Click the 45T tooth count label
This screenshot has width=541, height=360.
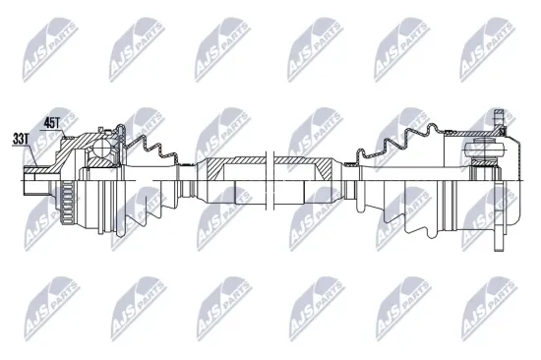[x=52, y=123]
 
